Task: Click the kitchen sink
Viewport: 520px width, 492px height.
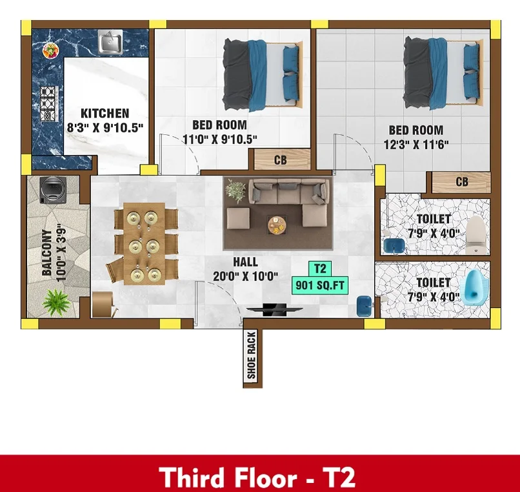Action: (x=111, y=41)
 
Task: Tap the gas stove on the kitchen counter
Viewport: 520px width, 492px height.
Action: (x=49, y=103)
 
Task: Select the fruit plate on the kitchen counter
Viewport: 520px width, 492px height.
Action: (x=51, y=51)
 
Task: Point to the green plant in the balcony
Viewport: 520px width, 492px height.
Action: (x=56, y=302)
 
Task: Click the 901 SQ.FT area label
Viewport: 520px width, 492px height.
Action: (x=320, y=285)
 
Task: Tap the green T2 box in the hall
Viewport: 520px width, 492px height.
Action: (x=320, y=269)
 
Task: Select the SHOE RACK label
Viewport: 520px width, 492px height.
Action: (x=252, y=355)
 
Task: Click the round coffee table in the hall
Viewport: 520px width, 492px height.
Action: (x=277, y=225)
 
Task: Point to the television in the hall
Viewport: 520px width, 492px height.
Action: (x=275, y=309)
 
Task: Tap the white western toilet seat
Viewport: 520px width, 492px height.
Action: (x=475, y=235)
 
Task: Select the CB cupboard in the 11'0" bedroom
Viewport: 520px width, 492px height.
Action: (x=282, y=159)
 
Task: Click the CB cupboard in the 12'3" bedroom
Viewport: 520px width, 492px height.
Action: (x=461, y=182)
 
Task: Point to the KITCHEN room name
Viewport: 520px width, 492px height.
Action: (x=105, y=113)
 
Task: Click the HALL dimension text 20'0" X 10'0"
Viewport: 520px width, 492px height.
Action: (x=245, y=276)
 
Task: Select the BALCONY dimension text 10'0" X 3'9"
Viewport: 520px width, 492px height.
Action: (x=61, y=254)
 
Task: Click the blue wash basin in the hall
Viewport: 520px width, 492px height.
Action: (x=364, y=306)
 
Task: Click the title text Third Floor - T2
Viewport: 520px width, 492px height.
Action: (x=257, y=477)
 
